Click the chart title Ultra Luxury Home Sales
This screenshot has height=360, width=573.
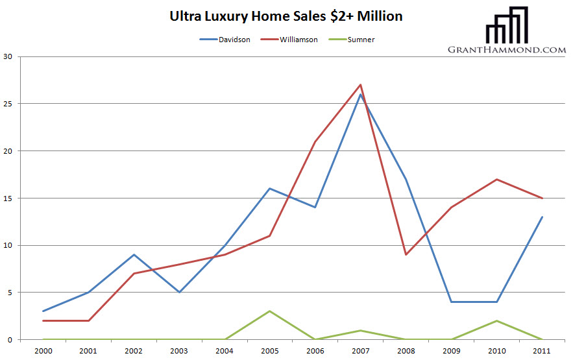286,16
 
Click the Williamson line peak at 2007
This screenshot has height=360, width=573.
360,84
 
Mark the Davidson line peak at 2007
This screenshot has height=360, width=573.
360,94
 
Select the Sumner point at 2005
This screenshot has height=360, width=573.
269,311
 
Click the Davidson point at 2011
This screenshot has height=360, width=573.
542,217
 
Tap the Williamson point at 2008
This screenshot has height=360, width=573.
406,254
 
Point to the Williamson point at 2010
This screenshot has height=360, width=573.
496,179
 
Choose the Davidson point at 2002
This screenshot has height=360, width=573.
133,254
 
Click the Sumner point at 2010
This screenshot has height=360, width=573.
496,320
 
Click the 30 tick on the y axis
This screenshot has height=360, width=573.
8,56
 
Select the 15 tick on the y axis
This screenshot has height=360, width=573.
8,198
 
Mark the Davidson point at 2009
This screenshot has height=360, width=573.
451,302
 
